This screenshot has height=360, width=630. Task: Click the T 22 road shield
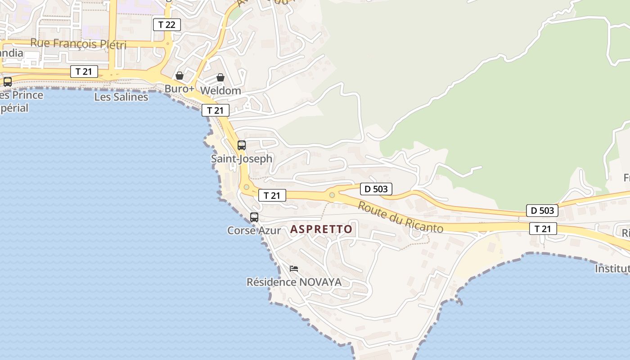tap(167, 24)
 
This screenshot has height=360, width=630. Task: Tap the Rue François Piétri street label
tap(78, 44)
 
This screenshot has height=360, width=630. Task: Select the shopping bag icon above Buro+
tap(180, 76)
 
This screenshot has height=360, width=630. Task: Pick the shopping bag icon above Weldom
tap(220, 77)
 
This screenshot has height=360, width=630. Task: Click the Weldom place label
tap(220, 90)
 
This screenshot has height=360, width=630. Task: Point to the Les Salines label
tap(121, 97)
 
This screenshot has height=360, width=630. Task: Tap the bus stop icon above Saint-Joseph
tap(242, 145)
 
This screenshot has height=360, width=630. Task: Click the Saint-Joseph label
tap(242, 159)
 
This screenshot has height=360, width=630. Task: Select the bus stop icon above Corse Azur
tap(254, 217)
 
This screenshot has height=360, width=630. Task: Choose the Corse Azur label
tap(254, 230)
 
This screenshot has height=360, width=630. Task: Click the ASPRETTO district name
tap(321, 229)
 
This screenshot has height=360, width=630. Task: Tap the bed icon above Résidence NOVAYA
tap(294, 269)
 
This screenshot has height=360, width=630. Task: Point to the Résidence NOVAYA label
tap(294, 282)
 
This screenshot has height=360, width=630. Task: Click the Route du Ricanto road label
tap(400, 217)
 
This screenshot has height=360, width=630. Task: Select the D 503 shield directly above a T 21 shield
tap(542, 210)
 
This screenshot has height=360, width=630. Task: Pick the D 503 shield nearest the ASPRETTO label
tap(376, 189)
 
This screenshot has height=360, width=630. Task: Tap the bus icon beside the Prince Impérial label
tap(8, 82)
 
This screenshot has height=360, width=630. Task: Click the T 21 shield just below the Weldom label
tap(216, 110)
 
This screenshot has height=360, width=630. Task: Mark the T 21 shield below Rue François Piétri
tap(84, 71)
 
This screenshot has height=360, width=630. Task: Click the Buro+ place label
tap(179, 89)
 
